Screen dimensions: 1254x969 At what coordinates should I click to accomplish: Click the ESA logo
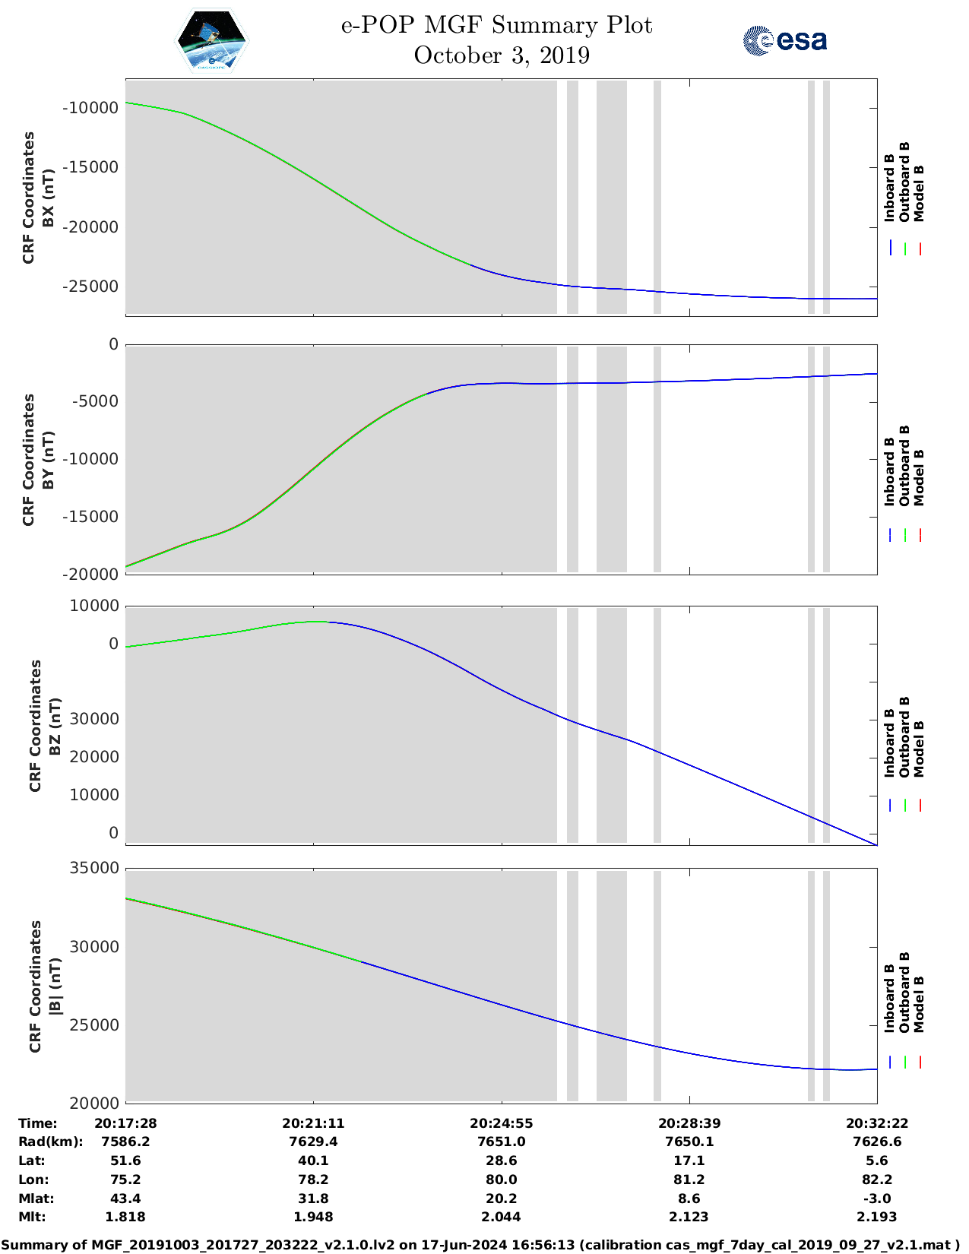coord(784,40)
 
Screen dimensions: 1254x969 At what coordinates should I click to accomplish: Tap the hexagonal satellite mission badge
coord(212,41)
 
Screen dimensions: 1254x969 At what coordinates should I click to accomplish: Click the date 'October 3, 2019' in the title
coord(502,55)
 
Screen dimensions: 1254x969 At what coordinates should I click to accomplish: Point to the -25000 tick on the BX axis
coord(90,287)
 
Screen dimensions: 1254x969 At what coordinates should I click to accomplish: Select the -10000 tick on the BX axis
coord(90,108)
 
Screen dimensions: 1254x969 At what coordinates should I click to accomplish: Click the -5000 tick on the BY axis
coord(95,401)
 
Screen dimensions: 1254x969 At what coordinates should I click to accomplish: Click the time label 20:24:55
coord(501,1123)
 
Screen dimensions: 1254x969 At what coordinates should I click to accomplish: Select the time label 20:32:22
coord(877,1123)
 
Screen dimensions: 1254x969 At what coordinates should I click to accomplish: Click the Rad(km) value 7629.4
coord(313,1142)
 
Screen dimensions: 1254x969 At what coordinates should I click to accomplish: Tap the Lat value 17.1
coord(689,1161)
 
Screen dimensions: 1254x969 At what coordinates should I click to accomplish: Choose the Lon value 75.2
coord(125,1180)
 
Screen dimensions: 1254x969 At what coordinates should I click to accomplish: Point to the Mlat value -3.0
coord(877,1199)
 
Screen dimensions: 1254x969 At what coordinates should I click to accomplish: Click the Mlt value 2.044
coord(501,1217)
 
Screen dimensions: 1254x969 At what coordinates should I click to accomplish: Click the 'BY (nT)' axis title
coord(47,460)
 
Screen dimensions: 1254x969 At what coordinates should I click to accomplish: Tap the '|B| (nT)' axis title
coord(54,986)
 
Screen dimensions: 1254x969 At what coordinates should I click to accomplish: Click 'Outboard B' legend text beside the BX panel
coord(904,182)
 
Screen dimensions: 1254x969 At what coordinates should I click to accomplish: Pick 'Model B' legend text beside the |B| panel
coord(919,1004)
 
